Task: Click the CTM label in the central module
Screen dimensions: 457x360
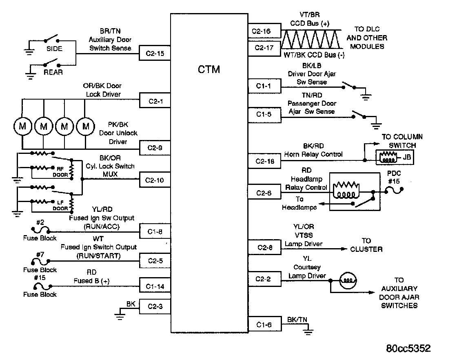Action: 209,69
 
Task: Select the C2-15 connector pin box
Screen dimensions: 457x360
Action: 155,53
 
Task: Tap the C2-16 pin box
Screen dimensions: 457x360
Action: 264,31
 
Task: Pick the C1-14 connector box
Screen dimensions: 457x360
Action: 155,286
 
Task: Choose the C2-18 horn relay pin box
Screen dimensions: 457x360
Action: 264,161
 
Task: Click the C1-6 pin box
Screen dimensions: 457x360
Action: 265,324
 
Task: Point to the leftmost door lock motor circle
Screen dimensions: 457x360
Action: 22,127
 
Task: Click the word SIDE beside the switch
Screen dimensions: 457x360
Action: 55,49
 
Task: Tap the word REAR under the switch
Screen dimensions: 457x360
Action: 53,72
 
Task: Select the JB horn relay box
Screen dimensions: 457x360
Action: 395,158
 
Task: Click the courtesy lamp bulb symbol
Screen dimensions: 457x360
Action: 348,280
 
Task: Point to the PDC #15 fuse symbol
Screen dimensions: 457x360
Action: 394,190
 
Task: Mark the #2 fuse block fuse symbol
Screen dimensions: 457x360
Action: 40,230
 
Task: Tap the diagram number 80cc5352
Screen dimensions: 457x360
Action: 408,348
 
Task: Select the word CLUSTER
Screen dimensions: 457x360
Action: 366,249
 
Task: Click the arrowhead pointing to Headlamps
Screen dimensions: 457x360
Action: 322,204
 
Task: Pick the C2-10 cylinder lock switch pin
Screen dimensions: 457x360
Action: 155,180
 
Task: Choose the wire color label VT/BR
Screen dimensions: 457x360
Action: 310,15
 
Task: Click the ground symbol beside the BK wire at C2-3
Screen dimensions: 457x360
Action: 120,316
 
